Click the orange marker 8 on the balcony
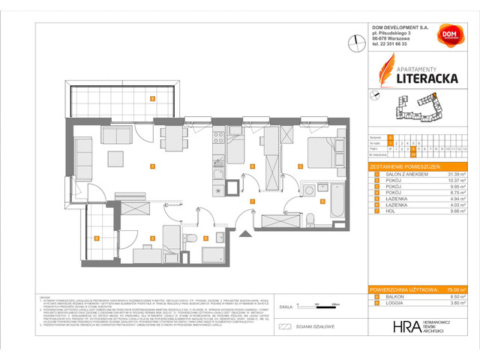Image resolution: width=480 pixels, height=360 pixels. click(151, 98)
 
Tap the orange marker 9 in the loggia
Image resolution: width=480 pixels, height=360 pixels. click(97, 238)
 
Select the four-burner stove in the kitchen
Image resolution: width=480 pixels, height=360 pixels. click(217, 137)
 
